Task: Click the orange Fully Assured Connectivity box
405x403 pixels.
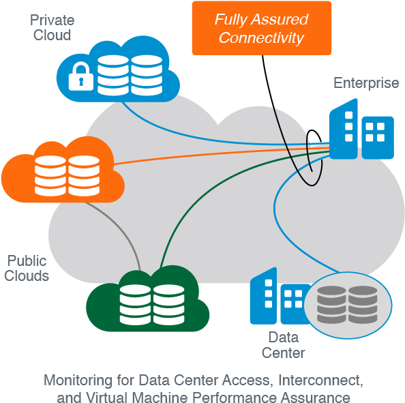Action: [261, 29]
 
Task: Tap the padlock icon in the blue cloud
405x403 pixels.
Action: [80, 76]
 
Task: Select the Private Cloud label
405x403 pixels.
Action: [52, 28]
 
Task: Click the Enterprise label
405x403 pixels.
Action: [365, 83]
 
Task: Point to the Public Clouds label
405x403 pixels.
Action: [27, 268]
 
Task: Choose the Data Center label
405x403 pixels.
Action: [283, 344]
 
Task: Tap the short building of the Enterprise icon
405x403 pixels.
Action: [377, 136]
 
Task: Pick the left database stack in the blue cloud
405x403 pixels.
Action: [112, 75]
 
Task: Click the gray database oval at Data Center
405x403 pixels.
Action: [348, 301]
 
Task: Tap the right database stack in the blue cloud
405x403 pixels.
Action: [146, 75]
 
